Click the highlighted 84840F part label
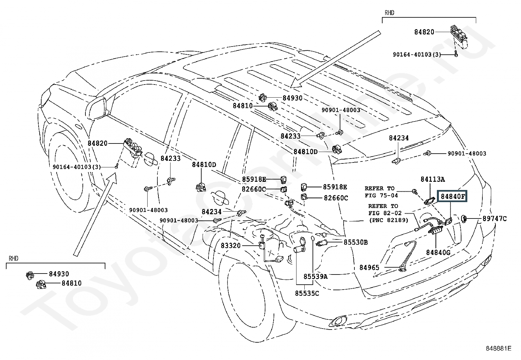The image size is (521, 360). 453,197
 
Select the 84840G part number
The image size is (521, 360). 438,253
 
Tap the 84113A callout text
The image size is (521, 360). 433,179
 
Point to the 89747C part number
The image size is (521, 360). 494,219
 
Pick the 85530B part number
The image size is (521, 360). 355,242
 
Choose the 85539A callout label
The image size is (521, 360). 315,276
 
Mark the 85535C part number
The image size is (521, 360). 307,294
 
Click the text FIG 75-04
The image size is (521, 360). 381,196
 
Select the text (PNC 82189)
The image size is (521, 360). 388,220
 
